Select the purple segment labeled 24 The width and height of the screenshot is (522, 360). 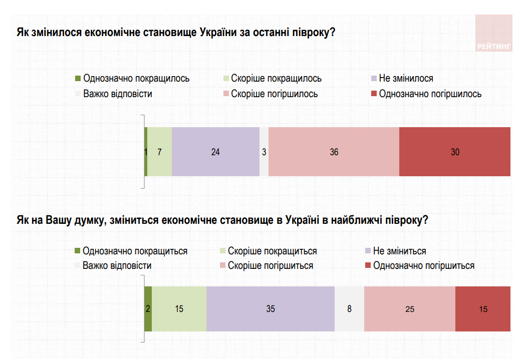pos(215,152)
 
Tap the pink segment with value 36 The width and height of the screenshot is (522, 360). pos(334,152)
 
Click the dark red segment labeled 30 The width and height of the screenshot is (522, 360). pos(454,152)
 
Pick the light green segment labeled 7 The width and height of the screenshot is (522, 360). pos(159,152)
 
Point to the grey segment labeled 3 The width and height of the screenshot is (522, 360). pos(264,152)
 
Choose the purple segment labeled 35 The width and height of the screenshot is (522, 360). pos(270,309)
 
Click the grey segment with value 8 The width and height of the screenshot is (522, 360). pos(349,309)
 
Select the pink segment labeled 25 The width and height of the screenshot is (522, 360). pos(409,309)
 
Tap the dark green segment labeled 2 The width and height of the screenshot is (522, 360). pos(148,309)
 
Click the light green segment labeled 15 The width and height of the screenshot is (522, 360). pos(179,309)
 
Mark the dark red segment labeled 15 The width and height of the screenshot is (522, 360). pos(482,309)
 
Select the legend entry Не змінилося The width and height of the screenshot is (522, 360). pos(406,79)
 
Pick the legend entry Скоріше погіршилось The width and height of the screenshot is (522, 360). pos(274,94)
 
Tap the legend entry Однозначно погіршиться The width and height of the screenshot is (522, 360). pos(423,265)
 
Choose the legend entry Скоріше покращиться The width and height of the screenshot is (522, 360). pos(272,251)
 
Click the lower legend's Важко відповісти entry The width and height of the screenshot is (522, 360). pos(117,265)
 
